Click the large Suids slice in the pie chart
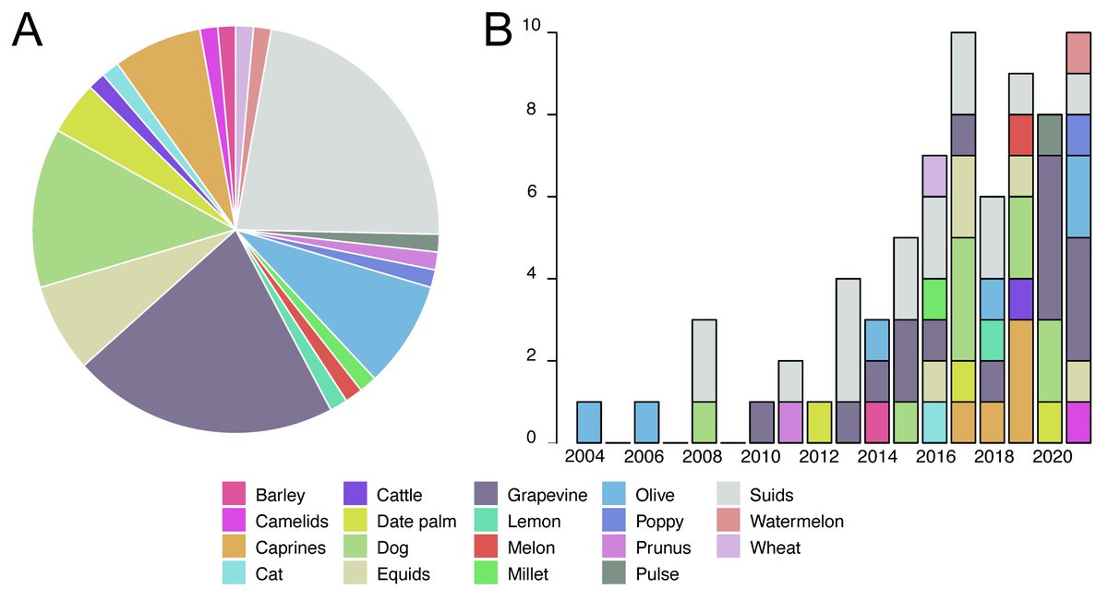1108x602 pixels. pyautogui.click(x=342, y=138)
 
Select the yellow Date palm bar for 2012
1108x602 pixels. pyautogui.click(x=819, y=422)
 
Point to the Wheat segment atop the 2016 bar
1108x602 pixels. pyautogui.click(x=934, y=175)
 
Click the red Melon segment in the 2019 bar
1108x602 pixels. pyautogui.click(x=1020, y=135)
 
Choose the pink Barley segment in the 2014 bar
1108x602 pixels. pyautogui.click(x=876, y=422)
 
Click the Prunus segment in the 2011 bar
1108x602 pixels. pyautogui.click(x=789, y=422)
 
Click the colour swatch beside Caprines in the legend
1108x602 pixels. pyautogui.click(x=234, y=548)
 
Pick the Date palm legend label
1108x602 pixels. pyautogui.click(x=416, y=522)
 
